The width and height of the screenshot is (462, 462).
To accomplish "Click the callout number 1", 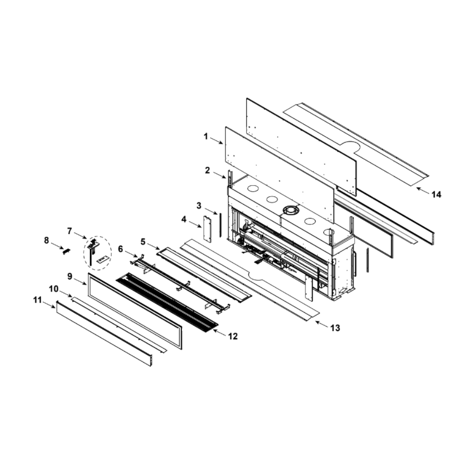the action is [x=206, y=137].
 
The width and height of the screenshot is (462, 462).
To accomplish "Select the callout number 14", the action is [x=437, y=195].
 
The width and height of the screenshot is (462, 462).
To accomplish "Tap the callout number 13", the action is [x=335, y=328].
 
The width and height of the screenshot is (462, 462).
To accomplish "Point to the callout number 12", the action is [x=233, y=336].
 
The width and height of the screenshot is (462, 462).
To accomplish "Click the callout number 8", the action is [x=46, y=240].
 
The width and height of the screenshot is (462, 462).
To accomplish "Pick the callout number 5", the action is [x=143, y=242].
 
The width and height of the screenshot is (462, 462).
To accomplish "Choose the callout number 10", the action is [x=54, y=289].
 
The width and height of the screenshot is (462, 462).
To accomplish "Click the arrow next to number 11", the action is [x=49, y=304].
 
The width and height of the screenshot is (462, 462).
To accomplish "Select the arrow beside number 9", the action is [x=80, y=281].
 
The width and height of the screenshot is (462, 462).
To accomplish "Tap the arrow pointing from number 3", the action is [x=211, y=211].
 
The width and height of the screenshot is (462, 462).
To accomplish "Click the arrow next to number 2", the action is [x=219, y=175].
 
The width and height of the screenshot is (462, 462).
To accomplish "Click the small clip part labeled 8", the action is [x=67, y=251].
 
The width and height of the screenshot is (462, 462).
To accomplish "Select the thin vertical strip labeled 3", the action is [x=219, y=224].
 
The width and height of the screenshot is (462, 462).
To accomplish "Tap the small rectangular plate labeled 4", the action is [x=207, y=229].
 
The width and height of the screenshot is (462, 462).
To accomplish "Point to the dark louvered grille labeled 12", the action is [x=167, y=300].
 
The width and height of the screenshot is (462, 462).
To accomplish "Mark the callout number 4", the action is [x=184, y=219].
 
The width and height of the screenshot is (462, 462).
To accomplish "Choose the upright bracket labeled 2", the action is [x=230, y=178].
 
